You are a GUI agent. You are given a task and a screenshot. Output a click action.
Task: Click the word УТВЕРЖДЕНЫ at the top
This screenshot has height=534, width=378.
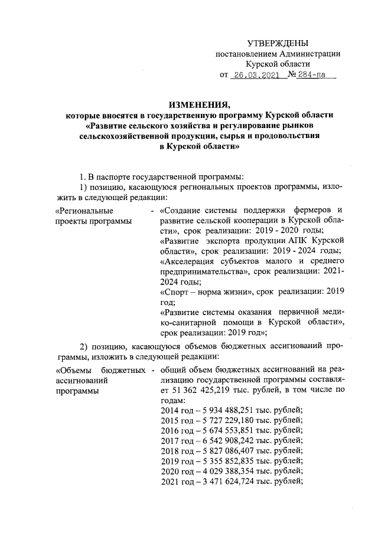tap(278, 43)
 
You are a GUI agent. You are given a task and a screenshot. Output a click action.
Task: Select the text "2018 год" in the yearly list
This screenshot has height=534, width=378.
tap(175, 451)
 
